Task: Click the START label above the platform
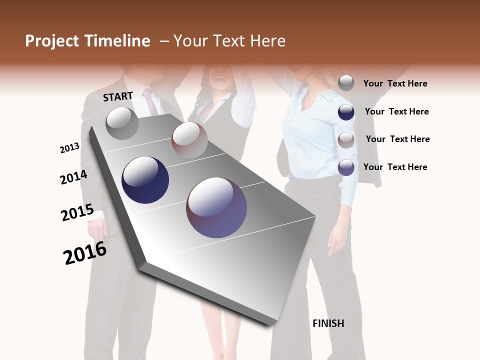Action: point(118,96)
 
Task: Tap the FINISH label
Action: point(328,323)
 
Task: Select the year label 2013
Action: point(70,148)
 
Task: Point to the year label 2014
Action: point(73,177)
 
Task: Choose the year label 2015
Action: point(77,212)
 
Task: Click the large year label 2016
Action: point(85,253)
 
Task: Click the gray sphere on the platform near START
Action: point(122,123)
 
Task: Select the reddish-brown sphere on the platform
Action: point(189,140)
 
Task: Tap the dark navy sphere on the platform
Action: point(145,180)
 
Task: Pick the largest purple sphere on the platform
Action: point(216,207)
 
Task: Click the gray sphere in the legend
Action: point(346,83)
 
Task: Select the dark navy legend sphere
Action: point(346,112)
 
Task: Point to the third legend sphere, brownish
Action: point(346,140)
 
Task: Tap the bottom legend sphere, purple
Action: point(346,167)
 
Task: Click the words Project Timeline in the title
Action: point(87,41)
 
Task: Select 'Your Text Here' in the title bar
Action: point(229,41)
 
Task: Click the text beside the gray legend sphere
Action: point(395,84)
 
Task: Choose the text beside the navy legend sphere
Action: point(396,111)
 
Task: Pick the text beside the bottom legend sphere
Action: point(395,167)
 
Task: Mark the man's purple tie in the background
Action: point(149,101)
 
